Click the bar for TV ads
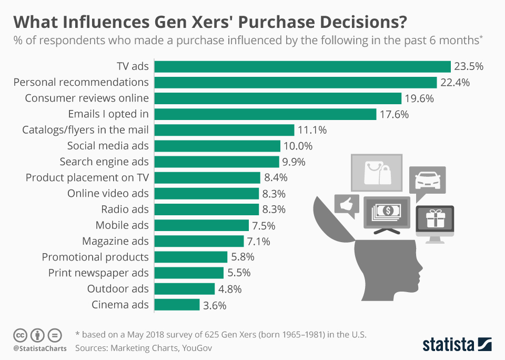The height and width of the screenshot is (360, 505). pos(302,66)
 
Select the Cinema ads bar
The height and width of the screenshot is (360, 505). pos(177,305)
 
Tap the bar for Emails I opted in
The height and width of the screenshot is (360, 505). pos(265,114)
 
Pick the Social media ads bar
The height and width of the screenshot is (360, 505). pos(217,146)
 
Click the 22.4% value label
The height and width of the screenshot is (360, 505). pos(456,83)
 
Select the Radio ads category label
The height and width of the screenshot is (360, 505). pos(125,209)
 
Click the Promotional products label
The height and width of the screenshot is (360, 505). pos(95,257)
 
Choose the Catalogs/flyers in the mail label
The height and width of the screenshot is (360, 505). pos(85,130)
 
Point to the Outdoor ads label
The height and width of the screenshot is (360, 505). pos(118,289)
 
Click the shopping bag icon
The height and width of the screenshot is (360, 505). pos(376,172)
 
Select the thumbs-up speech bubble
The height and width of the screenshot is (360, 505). pos(347,205)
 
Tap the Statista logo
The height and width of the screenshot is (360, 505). pos(457,345)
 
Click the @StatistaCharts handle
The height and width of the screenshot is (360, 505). pos(40,348)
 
